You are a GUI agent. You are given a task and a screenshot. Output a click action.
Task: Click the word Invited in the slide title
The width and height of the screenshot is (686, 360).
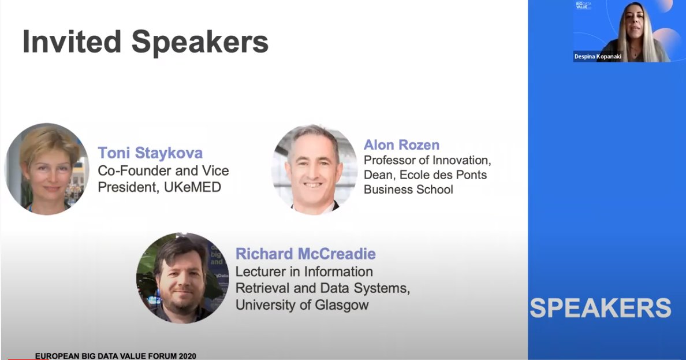70,42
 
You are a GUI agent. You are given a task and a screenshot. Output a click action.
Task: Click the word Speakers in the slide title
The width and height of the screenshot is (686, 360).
200,42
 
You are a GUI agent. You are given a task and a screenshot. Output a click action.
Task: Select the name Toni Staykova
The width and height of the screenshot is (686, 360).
150,153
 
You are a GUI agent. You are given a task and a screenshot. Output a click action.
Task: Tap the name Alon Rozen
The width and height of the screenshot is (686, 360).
401,144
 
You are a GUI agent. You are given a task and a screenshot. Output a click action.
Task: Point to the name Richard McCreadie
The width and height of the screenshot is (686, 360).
305,254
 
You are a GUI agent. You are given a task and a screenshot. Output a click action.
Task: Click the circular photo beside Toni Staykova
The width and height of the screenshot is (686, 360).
47,168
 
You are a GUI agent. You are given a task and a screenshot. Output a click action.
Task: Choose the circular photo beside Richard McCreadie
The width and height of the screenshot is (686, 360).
182,277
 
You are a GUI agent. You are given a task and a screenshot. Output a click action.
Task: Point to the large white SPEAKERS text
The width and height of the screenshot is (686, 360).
601,307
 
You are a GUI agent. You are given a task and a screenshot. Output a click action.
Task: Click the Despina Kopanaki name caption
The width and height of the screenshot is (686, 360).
597,57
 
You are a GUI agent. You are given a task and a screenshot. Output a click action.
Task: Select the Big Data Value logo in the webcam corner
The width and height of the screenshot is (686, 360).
584,5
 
